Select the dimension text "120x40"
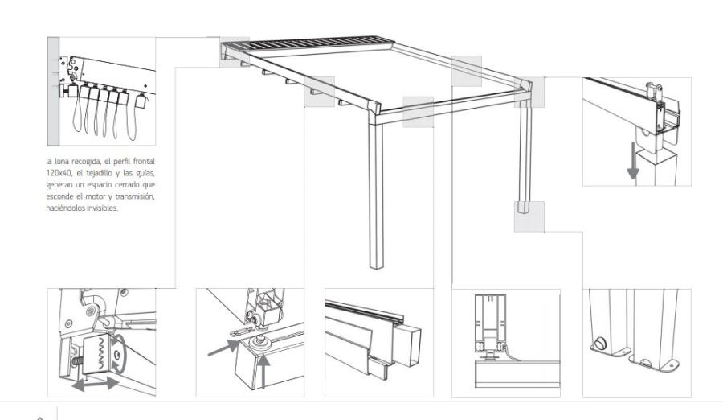(57, 173)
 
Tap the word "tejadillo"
(99, 173)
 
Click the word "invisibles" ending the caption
(104, 208)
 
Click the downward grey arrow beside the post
(633, 160)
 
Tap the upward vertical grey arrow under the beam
(263, 369)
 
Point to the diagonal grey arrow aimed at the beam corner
(224, 348)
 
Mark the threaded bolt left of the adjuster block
(76, 359)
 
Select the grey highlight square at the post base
(529, 216)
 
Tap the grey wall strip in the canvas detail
(53, 92)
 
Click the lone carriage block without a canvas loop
(141, 99)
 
